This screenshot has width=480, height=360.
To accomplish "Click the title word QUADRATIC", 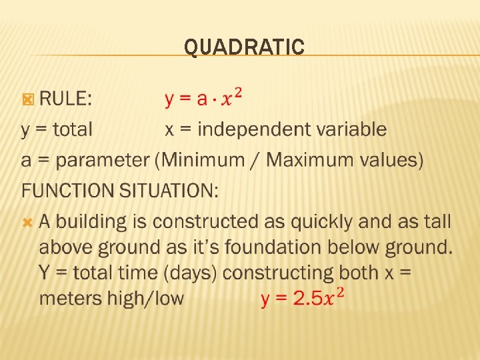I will pos(244,47).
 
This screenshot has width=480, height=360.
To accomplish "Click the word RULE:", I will pos(66,99).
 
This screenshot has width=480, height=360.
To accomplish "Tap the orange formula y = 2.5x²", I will pos(303,297).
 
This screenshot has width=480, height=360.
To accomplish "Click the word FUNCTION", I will pos(67,191).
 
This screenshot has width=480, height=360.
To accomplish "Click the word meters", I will pos(71,298).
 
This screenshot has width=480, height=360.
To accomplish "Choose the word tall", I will pos(437,221).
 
